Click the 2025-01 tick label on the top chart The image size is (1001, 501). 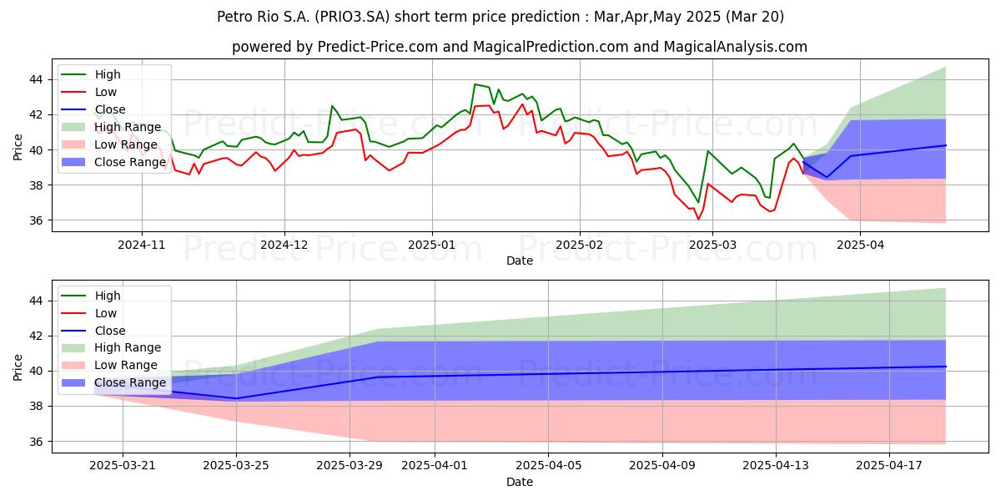click(432, 245)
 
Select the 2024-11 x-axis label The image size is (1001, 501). click(142, 245)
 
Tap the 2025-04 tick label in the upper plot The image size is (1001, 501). click(860, 245)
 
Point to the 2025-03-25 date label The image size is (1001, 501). click(236, 466)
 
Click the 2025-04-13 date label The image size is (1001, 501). click(776, 466)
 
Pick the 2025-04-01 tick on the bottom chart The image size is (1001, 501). click(435, 466)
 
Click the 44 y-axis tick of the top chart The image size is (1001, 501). click(36, 79)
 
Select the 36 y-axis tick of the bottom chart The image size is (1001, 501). click(36, 442)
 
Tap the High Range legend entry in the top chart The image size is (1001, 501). click(111, 127)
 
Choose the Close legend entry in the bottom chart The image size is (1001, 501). click(93, 331)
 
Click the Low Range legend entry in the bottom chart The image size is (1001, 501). click(109, 365)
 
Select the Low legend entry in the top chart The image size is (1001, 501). click(88, 92)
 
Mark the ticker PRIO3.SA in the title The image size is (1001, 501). click(352, 17)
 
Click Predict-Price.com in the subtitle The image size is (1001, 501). click(378, 47)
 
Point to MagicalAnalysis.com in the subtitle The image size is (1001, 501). click(735, 47)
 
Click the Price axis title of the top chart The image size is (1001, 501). click(18, 147)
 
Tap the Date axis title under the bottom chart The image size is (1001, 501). click(519, 482)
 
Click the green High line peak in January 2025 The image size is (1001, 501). click(475, 84)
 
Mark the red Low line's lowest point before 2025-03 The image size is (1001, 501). click(698, 219)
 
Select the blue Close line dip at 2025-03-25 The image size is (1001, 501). click(236, 398)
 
